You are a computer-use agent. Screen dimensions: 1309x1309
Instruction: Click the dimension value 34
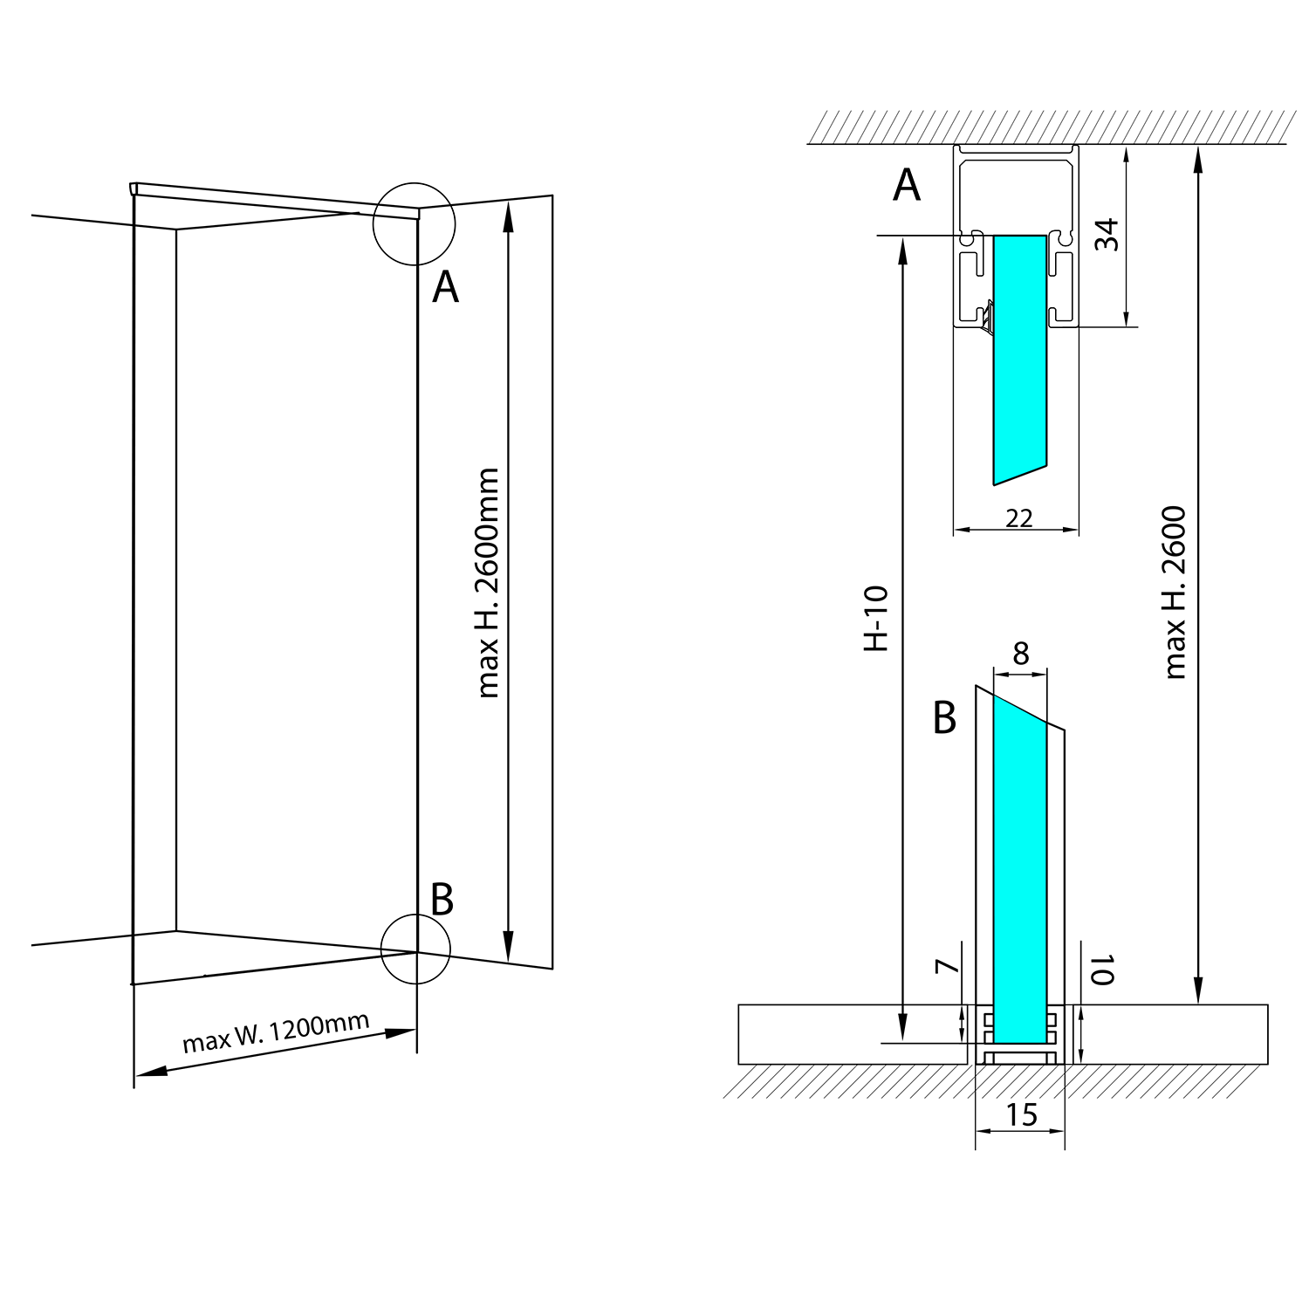pyautogui.click(x=1107, y=235)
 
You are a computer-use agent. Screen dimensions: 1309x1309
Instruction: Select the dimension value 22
pyautogui.click(x=1018, y=518)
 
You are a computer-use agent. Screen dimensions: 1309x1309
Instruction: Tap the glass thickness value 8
pyautogui.click(x=1021, y=653)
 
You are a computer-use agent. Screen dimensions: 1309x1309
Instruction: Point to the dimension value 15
pyautogui.click(x=1021, y=1115)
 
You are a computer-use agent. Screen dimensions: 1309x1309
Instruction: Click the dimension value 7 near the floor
pyautogui.click(x=946, y=966)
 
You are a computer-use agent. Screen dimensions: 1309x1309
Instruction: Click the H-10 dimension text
pyautogui.click(x=875, y=618)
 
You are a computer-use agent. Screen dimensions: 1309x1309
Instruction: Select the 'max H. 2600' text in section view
pyautogui.click(x=1175, y=593)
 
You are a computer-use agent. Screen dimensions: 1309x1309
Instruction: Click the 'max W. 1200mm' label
pyautogui.click(x=275, y=1032)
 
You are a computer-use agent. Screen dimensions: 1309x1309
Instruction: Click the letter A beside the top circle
pyautogui.click(x=445, y=286)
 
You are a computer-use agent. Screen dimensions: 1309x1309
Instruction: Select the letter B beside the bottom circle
pyautogui.click(x=442, y=900)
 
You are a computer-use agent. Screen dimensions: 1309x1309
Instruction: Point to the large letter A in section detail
pyautogui.click(x=907, y=185)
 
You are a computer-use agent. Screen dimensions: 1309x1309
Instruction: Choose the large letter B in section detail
pyautogui.click(x=944, y=718)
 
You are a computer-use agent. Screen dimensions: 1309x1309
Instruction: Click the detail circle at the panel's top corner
pyautogui.click(x=414, y=224)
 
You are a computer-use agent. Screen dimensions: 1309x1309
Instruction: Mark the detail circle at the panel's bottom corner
pyautogui.click(x=415, y=949)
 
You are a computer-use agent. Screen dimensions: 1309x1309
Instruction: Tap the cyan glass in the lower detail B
pyautogui.click(x=1020, y=873)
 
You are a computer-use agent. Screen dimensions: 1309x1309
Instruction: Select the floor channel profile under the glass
pyautogui.click(x=1020, y=1057)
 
